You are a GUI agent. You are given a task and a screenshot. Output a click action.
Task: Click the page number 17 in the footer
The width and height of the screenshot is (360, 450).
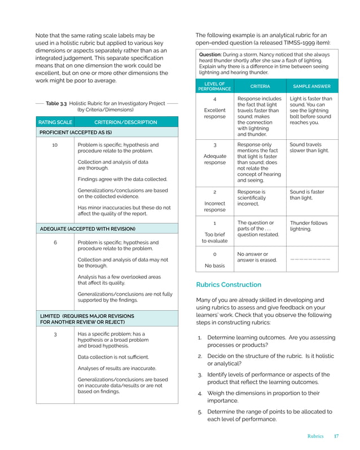[336, 436]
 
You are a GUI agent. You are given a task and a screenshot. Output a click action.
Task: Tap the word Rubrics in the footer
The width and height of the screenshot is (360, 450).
[315, 436]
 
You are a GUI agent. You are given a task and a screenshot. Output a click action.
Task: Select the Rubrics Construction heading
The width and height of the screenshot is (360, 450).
[229, 285]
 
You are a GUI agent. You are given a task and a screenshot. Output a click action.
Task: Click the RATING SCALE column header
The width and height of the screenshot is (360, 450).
[55, 122]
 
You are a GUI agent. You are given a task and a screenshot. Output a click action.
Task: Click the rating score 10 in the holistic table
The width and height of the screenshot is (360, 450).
[55, 145]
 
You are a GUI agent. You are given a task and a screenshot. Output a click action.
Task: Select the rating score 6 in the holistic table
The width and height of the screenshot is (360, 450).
[55, 242]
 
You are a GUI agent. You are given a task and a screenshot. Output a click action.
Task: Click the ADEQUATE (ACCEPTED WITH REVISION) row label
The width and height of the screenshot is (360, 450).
[87, 229]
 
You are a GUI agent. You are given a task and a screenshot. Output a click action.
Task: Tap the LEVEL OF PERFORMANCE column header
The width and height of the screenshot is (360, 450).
[214, 86]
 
